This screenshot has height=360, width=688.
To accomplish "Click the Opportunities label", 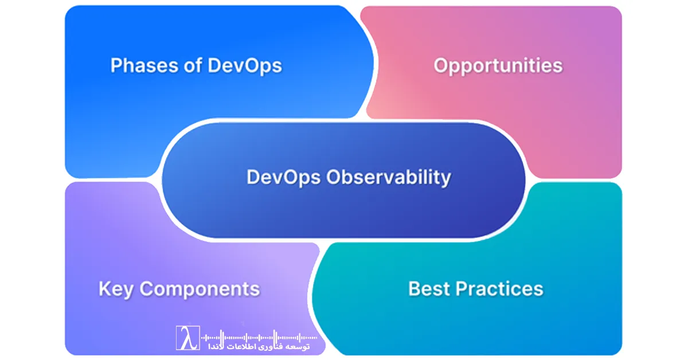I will click(498, 66).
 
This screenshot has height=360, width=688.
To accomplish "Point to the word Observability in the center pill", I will click(389, 177).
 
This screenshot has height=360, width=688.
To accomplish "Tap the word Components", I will click(200, 289).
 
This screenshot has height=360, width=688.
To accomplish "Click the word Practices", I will click(500, 288).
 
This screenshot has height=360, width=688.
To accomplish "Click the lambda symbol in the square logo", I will click(187, 338).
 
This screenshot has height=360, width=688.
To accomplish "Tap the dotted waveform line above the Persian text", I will click(258, 337).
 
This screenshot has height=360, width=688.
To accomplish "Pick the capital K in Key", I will click(104, 288).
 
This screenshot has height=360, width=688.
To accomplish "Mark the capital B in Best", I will click(414, 288).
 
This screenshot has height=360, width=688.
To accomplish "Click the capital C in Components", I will click(147, 288).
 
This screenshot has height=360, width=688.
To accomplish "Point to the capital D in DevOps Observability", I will click(252, 177).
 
